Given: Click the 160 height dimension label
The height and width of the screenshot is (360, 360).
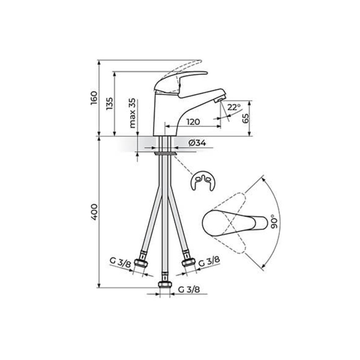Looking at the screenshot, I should click(94, 98).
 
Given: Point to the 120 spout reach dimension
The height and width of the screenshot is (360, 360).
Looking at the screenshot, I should click(193, 122).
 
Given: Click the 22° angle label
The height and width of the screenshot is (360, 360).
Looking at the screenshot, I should click(234, 107).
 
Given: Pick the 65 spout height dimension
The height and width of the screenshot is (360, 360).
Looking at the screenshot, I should click(246, 118).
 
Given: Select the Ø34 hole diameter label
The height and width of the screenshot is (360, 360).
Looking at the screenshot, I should click(197, 143).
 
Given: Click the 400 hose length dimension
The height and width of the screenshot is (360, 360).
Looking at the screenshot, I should click(94, 212).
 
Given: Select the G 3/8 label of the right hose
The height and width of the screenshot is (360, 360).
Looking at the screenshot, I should click(209, 261).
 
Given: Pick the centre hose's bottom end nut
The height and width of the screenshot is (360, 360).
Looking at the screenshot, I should click(165, 284).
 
